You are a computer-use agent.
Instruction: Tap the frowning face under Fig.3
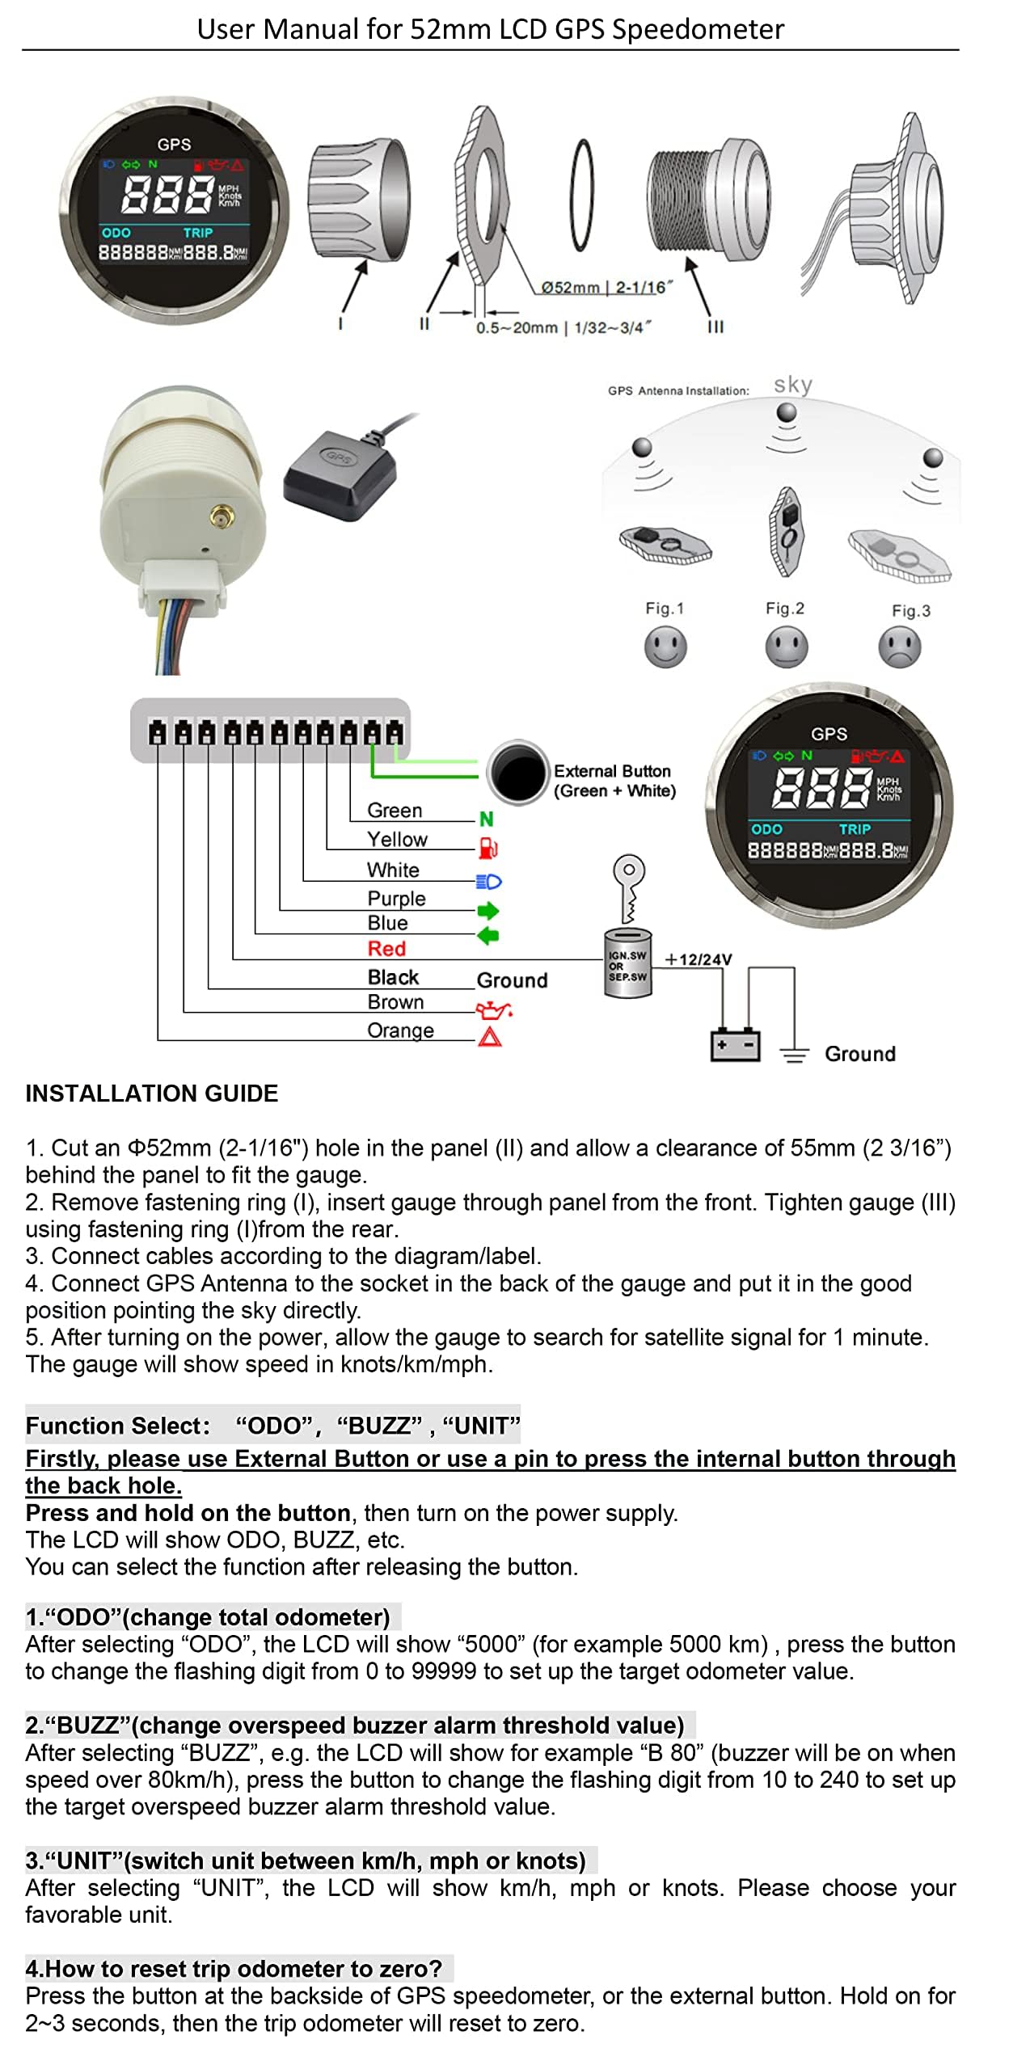tap(899, 648)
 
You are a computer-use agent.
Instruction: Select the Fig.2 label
tap(784, 608)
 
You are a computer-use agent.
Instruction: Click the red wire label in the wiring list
tap(386, 948)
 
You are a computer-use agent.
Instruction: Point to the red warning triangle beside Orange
tap(490, 1035)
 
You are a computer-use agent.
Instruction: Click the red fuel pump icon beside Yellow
tap(488, 848)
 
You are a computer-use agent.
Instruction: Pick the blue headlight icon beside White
tap(488, 881)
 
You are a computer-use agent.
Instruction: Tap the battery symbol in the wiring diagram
tap(734, 1045)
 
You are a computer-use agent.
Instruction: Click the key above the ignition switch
tap(628, 887)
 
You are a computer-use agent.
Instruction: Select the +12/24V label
tap(698, 959)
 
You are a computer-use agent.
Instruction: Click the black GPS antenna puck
tap(340, 474)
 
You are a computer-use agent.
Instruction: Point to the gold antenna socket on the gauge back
tap(219, 516)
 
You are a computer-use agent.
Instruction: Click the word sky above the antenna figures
tap(792, 385)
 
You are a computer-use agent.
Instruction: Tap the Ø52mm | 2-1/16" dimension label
tap(606, 287)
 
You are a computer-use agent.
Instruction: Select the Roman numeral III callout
tap(715, 327)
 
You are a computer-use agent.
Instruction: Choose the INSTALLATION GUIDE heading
tap(152, 1093)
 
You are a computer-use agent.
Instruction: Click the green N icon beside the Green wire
tap(486, 819)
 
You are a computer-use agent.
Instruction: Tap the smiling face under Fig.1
tap(665, 647)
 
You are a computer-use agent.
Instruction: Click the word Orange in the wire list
tap(400, 1030)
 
